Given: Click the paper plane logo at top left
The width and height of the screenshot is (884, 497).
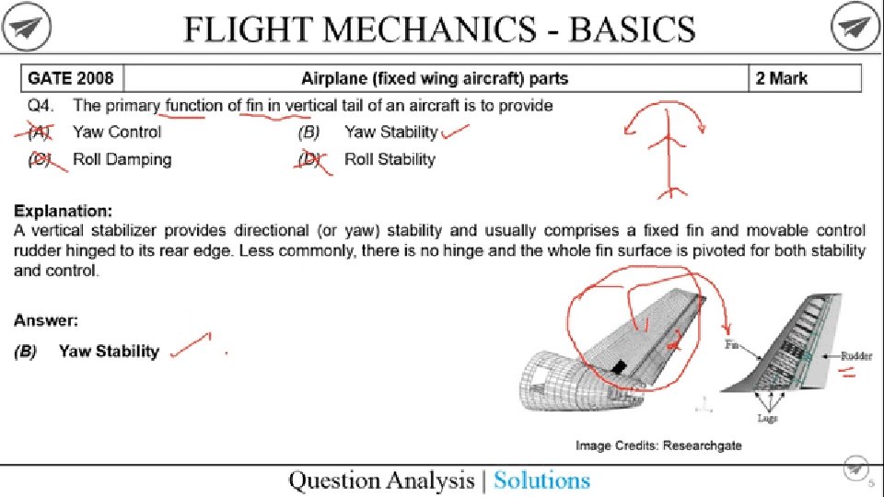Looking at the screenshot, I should click(x=26, y=29).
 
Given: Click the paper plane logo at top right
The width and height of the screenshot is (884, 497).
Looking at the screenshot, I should click(x=856, y=29).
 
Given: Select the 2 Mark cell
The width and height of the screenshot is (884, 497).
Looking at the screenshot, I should click(x=782, y=78).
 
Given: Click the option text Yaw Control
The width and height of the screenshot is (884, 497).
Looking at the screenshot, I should click(x=117, y=132).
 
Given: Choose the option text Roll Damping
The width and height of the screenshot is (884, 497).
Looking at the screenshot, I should click(x=122, y=159).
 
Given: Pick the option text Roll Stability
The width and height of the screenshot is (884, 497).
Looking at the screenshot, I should click(x=390, y=159).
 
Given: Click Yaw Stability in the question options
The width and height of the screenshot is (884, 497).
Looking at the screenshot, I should click(x=390, y=132).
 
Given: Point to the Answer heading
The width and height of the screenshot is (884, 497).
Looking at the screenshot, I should click(x=45, y=321).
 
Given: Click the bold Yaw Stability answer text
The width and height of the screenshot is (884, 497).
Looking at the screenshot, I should click(x=109, y=351).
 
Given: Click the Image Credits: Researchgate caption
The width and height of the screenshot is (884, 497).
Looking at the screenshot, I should click(x=658, y=445).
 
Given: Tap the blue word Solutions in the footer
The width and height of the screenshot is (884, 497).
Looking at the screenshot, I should click(x=541, y=480).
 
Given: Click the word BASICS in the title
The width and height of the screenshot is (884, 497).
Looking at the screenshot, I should click(x=634, y=29).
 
